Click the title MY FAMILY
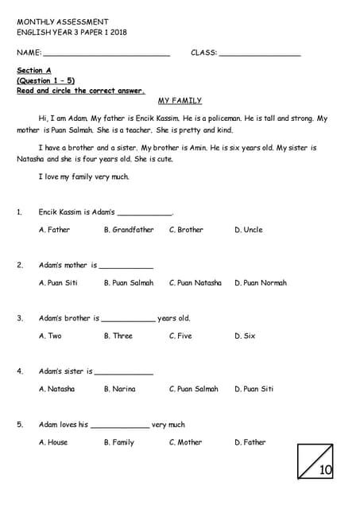pyautogui.click(x=180, y=101)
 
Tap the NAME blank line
pyautogui.click(x=106, y=53)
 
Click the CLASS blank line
pyautogui.click(x=259, y=53)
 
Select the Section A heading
pyautogui.click(x=34, y=71)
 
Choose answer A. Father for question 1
pyautogui.click(x=54, y=230)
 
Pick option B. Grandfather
pyautogui.click(x=129, y=230)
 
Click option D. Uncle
pyautogui.click(x=248, y=230)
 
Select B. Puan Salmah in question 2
pyautogui.click(x=129, y=283)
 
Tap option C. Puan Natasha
pyautogui.click(x=195, y=283)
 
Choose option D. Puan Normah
pyautogui.click(x=261, y=283)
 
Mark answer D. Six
pyautogui.click(x=245, y=336)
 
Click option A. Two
pyautogui.click(x=50, y=336)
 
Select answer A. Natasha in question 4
pyautogui.click(x=56, y=390)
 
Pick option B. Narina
pyautogui.click(x=119, y=390)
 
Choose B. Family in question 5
pyautogui.click(x=119, y=443)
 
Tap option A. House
pyautogui.click(x=53, y=443)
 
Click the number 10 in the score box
pyautogui.click(x=326, y=470)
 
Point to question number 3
pyautogui.click(x=20, y=318)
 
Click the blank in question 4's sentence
pyautogui.click(x=123, y=372)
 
